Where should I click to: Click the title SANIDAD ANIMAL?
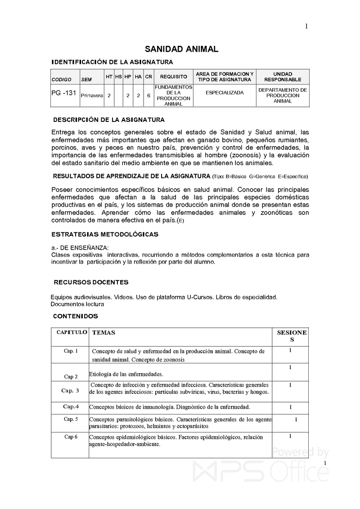pyautogui.click(x=181, y=49)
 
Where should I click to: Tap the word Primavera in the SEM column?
pyautogui.click(x=92, y=96)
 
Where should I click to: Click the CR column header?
pyautogui.click(x=148, y=77)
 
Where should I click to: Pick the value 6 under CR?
pyautogui.click(x=148, y=95)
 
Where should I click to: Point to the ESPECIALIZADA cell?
pyautogui.click(x=224, y=93)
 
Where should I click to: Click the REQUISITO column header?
pyautogui.click(x=173, y=77)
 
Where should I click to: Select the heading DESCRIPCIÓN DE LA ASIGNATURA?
pyautogui.click(x=109, y=120)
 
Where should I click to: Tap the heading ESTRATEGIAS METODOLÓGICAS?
pyautogui.click(x=105, y=235)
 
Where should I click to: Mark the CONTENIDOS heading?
pyautogui.click(x=76, y=316)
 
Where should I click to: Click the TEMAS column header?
pyautogui.click(x=103, y=333)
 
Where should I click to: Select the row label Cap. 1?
pyautogui.click(x=71, y=351)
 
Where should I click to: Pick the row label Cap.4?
pyautogui.click(x=71, y=406)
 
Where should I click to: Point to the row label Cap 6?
pyautogui.click(x=71, y=437)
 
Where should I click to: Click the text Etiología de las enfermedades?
pyautogui.click(x=126, y=374)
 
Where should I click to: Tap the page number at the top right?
pyautogui.click(x=306, y=27)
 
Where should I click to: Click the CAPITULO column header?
pyautogui.click(x=72, y=332)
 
